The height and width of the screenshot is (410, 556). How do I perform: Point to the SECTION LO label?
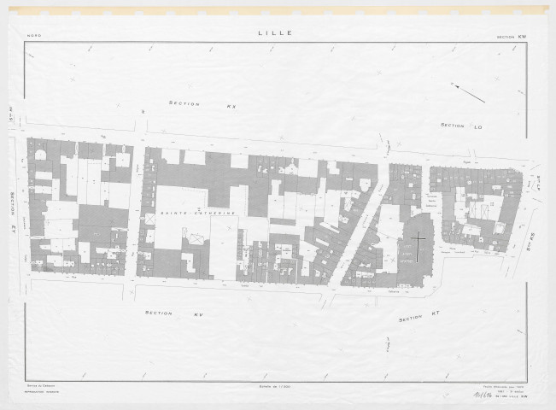click(462, 126)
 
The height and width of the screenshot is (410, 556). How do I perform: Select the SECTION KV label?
click(185, 313)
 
